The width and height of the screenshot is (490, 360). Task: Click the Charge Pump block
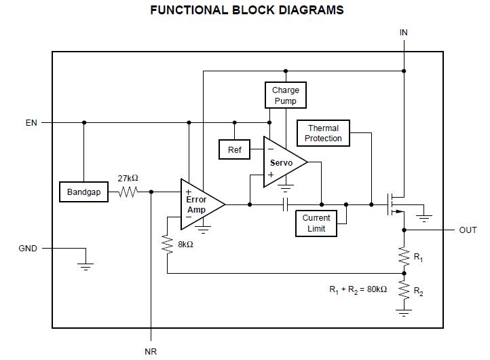point(286,95)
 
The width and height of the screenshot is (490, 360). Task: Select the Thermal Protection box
point(323,133)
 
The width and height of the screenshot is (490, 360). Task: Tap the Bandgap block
point(83,192)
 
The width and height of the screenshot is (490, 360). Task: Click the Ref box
point(234,149)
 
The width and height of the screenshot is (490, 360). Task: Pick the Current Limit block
point(316,223)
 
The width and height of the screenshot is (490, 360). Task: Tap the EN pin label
point(31,123)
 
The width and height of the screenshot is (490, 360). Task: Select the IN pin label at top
point(404,33)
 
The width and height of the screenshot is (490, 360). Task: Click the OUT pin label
point(468,230)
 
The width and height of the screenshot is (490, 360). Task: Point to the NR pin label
point(151,351)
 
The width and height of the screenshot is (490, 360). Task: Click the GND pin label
point(28,249)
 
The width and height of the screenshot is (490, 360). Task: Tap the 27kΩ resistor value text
point(128,178)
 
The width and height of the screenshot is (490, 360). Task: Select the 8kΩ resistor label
point(185,245)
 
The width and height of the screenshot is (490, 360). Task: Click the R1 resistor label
point(418,258)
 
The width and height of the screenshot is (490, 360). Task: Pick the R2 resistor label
point(418,293)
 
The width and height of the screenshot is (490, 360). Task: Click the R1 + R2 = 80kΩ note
point(358,289)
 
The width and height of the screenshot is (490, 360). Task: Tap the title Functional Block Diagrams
point(246,10)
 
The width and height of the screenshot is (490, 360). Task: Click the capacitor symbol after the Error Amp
point(286,204)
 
